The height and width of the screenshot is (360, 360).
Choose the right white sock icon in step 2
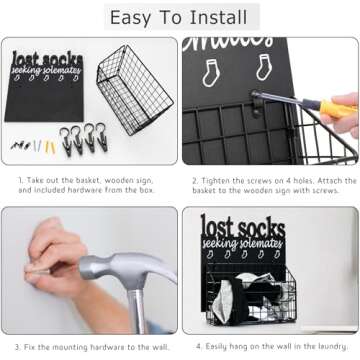262,67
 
